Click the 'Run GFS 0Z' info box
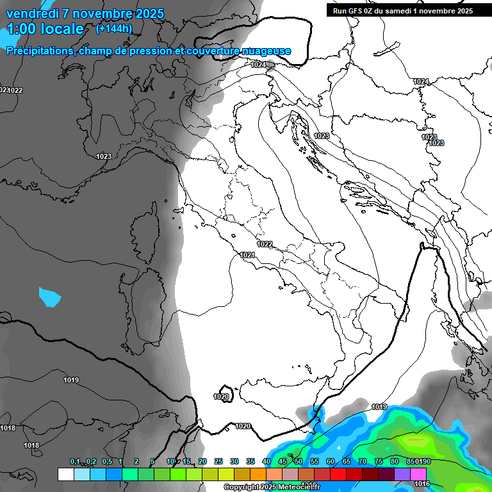(x=403, y=10)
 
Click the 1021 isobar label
(x=248, y=255)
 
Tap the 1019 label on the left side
(x=71, y=381)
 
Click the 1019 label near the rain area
(x=379, y=407)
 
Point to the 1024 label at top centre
(x=259, y=65)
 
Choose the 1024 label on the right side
(x=420, y=81)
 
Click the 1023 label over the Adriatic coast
(x=322, y=136)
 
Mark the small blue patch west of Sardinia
(x=49, y=296)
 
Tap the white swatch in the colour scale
(x=65, y=474)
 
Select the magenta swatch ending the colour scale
(x=418, y=474)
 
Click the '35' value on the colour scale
(x=250, y=461)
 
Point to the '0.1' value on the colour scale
(x=75, y=461)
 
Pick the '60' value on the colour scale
(x=331, y=461)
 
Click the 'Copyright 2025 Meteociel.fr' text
(x=276, y=488)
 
